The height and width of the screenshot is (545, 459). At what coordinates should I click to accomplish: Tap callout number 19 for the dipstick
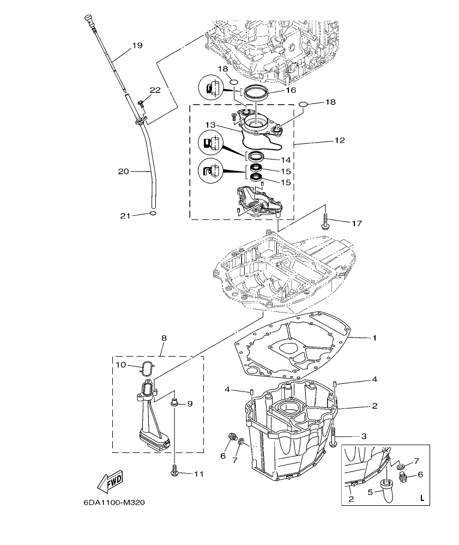[137, 46]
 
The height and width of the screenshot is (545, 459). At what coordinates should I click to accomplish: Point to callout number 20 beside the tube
[123, 172]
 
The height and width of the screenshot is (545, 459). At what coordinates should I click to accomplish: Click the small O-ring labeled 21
[153, 214]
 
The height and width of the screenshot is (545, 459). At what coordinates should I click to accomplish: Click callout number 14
[286, 160]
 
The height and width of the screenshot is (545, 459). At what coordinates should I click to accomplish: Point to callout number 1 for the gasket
[375, 338]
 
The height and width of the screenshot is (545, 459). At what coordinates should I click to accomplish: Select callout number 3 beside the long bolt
[363, 436]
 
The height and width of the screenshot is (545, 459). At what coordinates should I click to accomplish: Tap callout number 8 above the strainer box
[164, 338]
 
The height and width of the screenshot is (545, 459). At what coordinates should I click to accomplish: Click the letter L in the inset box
[421, 498]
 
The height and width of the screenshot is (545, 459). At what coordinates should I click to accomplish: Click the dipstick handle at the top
[87, 20]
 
